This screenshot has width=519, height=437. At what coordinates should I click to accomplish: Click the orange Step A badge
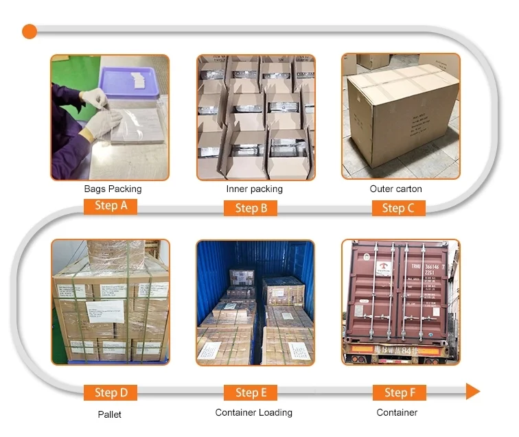tap(111, 206)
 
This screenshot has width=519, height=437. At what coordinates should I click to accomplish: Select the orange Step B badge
tap(251, 208)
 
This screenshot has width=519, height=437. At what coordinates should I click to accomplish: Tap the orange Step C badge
tap(398, 208)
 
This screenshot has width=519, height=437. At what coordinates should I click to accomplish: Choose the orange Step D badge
tap(111, 392)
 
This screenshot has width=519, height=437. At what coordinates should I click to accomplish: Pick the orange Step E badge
tap(251, 392)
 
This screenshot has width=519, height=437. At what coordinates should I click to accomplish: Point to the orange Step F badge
tap(399, 392)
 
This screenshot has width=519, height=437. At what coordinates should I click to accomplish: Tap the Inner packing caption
tap(254, 189)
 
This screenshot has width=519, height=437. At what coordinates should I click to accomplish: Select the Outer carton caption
tap(395, 189)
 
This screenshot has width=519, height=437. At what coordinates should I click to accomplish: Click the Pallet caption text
tap(109, 414)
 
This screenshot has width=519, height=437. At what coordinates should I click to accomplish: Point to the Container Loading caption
tap(253, 412)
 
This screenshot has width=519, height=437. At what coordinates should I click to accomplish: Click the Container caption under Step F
tap(397, 412)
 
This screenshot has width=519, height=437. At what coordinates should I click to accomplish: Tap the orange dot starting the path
tap(29, 31)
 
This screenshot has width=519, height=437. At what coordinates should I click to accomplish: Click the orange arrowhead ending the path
tap(472, 392)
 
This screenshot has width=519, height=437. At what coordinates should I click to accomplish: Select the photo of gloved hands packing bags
tap(110, 117)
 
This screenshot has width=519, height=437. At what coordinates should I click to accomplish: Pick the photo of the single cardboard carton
tap(400, 117)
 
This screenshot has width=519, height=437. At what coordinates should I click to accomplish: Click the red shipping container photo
tap(400, 302)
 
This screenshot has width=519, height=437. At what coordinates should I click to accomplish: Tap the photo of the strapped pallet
tap(110, 302)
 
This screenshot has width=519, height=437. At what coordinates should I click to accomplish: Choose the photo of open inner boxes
tap(256, 117)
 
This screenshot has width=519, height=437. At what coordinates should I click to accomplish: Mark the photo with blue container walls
tap(255, 302)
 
